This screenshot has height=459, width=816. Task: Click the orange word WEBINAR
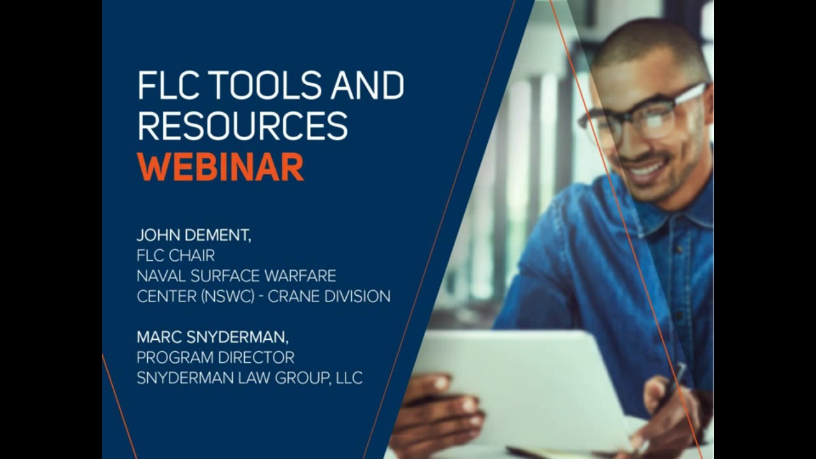click(x=220, y=167)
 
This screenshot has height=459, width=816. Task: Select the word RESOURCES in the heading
click(x=242, y=126)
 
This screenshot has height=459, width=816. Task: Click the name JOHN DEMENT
click(x=193, y=235)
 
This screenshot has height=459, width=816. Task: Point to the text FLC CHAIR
click(x=175, y=256)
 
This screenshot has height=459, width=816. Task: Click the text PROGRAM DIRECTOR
click(x=215, y=357)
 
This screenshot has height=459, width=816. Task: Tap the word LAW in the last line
click(x=255, y=378)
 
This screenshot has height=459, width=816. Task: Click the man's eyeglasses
click(x=644, y=115)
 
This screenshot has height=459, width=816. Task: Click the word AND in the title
click(x=367, y=86)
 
